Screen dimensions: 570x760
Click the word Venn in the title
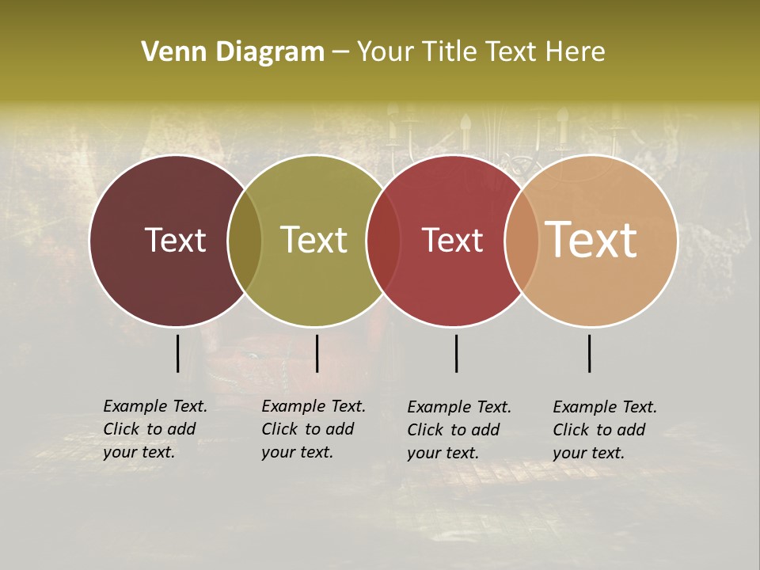(167, 52)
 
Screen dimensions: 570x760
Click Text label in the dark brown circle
(175, 240)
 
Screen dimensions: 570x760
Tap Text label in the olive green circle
(313, 240)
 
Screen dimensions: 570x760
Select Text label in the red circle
(452, 240)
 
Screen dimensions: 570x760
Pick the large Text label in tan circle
(591, 240)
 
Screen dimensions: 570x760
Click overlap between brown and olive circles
(245, 240)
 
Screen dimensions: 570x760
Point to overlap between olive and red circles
(383, 240)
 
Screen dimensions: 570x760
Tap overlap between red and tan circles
(521, 240)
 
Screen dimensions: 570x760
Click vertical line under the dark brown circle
(177, 353)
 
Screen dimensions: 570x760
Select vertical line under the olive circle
(317, 353)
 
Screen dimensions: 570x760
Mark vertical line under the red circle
(456, 353)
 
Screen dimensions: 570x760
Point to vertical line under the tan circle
(589, 353)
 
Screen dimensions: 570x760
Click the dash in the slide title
(340, 53)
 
